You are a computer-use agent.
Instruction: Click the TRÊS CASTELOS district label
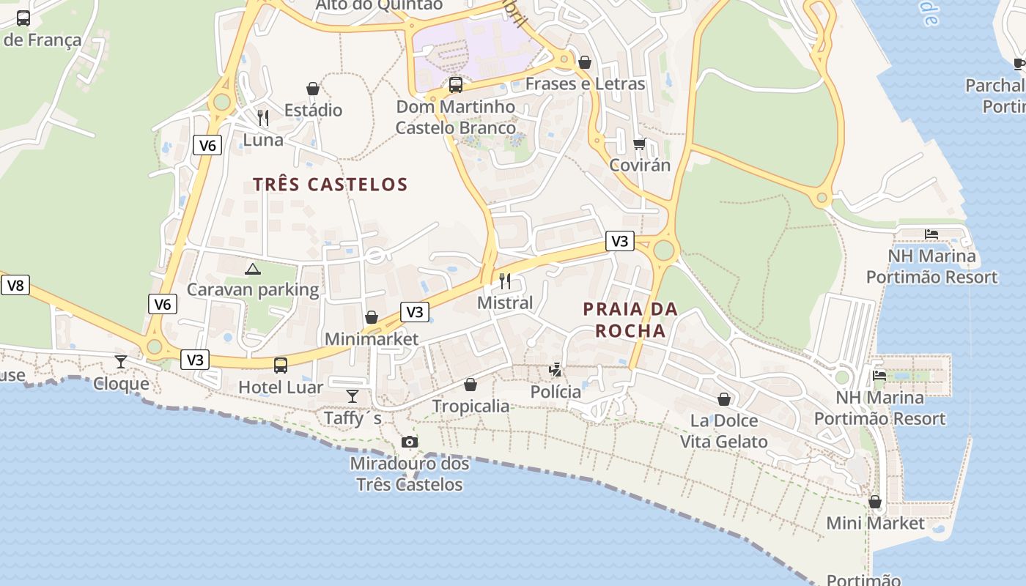point(330,185)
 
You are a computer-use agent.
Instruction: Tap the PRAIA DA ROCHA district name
point(630,320)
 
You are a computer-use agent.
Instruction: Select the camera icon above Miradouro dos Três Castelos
point(410,442)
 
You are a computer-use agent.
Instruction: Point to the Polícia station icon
point(556,369)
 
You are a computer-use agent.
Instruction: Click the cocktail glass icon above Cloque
point(121,362)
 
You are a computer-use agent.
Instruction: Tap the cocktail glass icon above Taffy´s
point(353,396)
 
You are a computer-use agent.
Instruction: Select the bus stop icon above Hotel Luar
point(281,365)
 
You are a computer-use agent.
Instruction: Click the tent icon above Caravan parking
point(253,269)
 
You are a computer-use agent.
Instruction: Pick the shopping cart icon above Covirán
point(640,144)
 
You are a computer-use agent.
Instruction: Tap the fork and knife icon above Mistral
point(505,281)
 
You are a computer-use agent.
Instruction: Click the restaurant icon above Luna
point(263,117)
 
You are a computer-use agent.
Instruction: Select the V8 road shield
point(15,285)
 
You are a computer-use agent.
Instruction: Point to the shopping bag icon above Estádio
point(313,89)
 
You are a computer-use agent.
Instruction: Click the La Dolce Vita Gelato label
point(724,431)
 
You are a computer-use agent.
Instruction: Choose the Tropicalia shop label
point(470,406)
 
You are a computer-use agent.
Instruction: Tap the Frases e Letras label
point(585,84)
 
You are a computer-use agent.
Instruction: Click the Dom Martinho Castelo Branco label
point(456,117)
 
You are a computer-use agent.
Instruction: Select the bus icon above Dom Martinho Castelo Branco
point(456,85)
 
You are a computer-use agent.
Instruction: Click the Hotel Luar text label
point(281,387)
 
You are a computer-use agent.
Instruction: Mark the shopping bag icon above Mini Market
point(875,502)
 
